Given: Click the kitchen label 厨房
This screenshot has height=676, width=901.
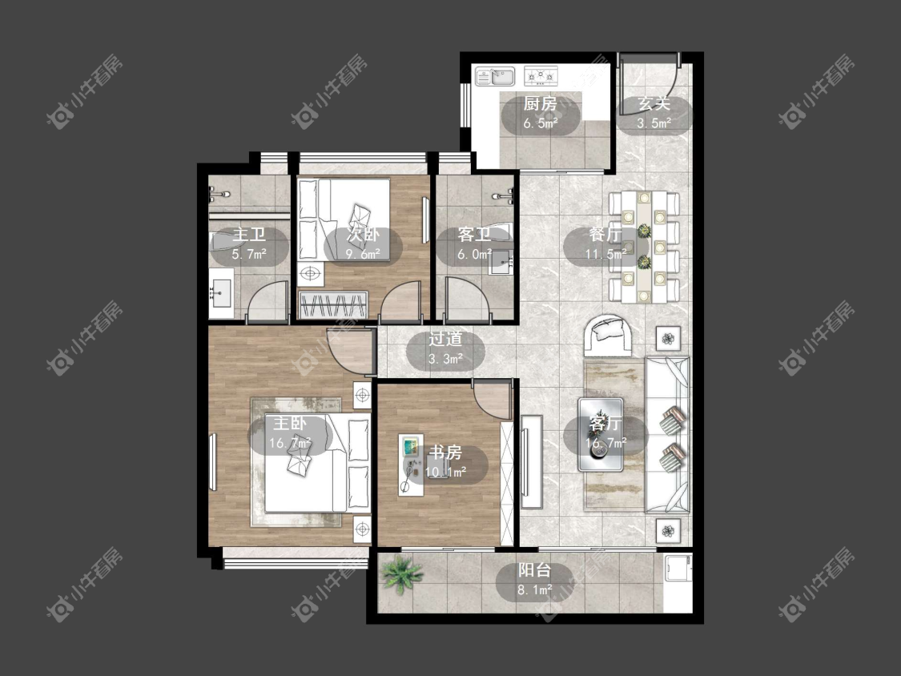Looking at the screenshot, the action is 540,104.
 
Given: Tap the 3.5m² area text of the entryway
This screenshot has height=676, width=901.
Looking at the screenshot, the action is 654,123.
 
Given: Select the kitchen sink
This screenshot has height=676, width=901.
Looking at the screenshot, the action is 494,76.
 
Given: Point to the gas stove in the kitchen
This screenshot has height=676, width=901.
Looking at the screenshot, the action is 541,75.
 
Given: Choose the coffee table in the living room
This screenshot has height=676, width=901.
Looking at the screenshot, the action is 601,434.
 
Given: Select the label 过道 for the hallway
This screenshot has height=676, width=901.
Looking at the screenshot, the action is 445,339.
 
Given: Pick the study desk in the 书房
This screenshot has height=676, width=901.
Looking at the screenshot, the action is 412,465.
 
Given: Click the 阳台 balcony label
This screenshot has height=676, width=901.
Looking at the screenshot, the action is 534,570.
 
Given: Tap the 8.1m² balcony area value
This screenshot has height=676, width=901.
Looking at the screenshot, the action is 534,589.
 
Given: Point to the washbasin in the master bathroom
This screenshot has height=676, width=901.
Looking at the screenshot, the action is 221,292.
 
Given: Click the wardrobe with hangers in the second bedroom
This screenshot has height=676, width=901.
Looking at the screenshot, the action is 333,304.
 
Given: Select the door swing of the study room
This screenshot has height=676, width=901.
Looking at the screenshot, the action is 491,399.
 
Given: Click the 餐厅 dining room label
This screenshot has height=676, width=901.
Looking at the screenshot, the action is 605,235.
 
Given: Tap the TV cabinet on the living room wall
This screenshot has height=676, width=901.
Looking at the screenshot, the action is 532,461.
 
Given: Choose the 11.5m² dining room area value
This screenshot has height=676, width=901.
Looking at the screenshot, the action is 605,253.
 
